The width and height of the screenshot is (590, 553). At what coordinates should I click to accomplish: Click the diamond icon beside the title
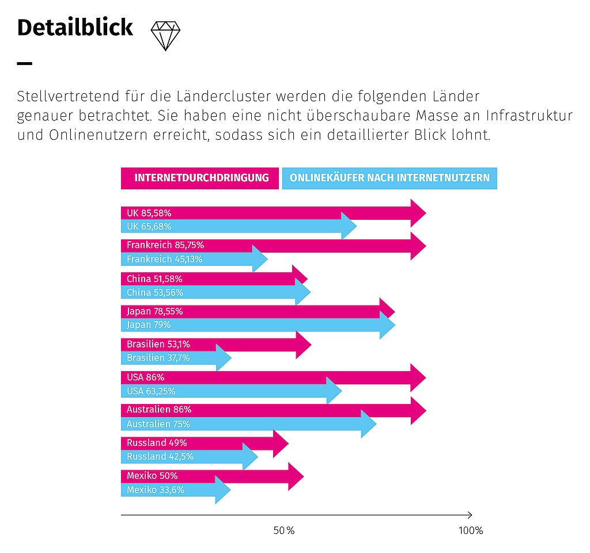(x=165, y=36)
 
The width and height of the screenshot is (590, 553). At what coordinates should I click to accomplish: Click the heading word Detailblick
(x=75, y=28)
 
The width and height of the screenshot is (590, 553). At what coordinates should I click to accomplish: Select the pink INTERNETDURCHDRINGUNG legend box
(x=200, y=178)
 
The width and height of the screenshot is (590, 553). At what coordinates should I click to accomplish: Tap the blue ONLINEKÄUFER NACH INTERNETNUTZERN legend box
(x=389, y=178)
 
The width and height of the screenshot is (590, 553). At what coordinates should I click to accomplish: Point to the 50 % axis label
(x=284, y=531)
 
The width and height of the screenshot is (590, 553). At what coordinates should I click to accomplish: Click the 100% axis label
(x=471, y=531)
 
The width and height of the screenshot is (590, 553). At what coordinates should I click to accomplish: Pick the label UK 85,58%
(x=149, y=213)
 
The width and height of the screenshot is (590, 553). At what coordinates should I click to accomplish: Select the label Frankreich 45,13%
(x=164, y=259)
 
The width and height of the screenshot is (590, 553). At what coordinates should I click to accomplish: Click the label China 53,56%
(x=154, y=292)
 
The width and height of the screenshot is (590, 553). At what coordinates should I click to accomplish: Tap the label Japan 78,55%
(x=154, y=311)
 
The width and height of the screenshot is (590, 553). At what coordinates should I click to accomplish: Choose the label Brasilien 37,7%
(x=158, y=358)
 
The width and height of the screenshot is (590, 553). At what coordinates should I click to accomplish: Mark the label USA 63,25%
(x=151, y=391)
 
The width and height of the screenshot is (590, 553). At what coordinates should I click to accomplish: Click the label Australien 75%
(x=158, y=424)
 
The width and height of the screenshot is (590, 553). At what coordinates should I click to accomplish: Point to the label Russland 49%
(x=157, y=443)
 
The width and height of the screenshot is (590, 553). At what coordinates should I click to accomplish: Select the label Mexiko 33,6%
(x=156, y=490)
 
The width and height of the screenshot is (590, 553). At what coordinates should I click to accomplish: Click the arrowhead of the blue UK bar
(x=349, y=226)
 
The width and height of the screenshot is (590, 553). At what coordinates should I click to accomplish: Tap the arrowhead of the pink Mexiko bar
(x=296, y=476)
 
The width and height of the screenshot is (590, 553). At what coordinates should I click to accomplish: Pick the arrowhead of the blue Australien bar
(x=369, y=424)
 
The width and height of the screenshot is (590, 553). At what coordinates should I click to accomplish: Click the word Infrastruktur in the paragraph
(x=529, y=115)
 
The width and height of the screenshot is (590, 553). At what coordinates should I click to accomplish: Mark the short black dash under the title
(x=24, y=63)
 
